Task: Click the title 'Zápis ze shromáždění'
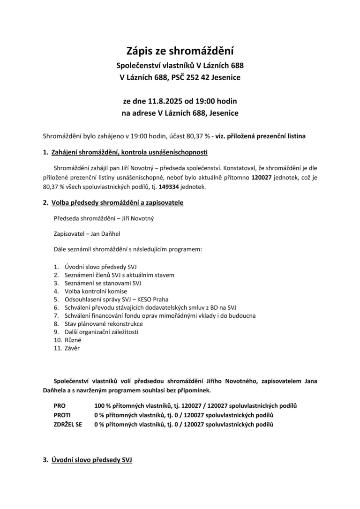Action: pyautogui.click(x=180, y=50)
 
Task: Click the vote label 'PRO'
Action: pyautogui.click(x=60, y=405)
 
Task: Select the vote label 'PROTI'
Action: pyautogui.click(x=62, y=415)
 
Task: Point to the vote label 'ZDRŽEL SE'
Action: pyautogui.click(x=67, y=424)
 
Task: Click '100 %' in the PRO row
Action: pyautogui.click(x=103, y=405)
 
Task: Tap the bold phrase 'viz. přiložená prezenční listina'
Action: pyautogui.click(x=260, y=136)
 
